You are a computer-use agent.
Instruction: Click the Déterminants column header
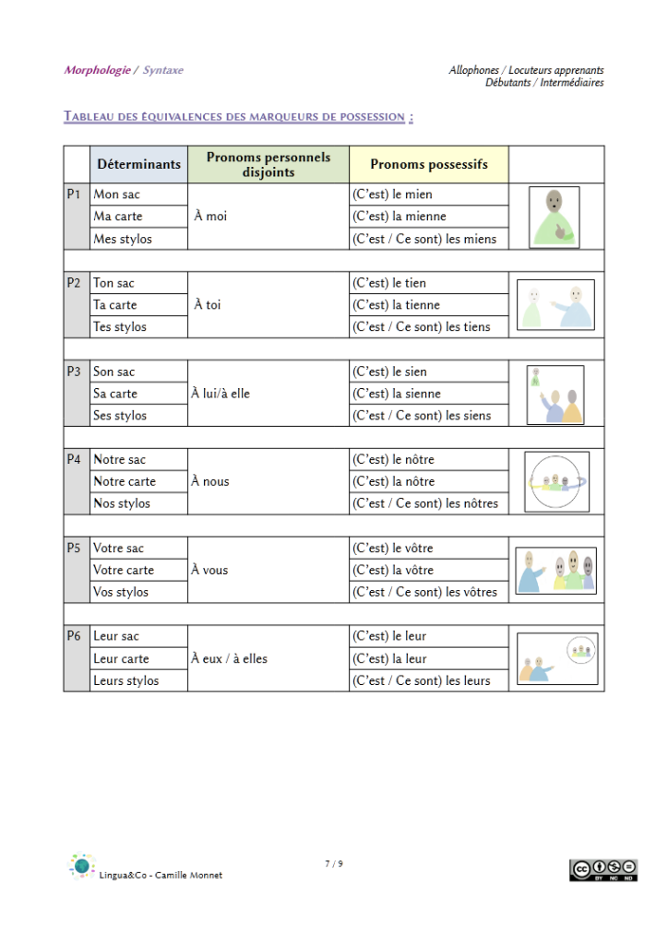138,164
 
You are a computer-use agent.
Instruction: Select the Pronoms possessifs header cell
428,164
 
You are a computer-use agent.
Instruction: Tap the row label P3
75,372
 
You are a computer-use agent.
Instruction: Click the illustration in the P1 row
555,217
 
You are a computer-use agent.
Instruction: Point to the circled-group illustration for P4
555,481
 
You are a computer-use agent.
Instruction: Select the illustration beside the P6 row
555,659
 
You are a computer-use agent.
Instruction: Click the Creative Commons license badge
603,869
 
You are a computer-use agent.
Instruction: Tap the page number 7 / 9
334,864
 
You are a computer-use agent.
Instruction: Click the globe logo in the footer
82,866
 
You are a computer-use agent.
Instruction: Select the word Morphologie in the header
97,70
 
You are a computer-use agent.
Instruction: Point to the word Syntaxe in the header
163,70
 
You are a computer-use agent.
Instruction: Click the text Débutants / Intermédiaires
544,83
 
